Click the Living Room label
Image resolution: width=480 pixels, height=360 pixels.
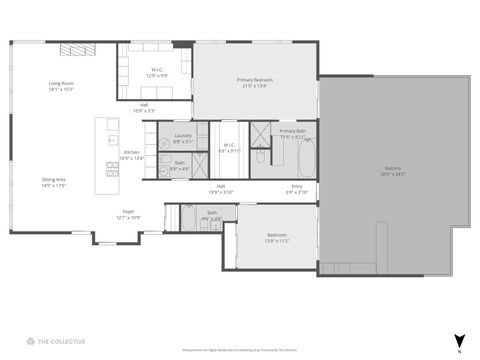(x=62, y=87)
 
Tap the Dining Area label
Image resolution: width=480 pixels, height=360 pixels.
(x=55, y=183)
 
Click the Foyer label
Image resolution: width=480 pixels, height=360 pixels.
(x=128, y=214)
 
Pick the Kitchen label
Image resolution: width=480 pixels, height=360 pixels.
(x=132, y=155)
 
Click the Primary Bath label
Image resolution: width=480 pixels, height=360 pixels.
(x=293, y=133)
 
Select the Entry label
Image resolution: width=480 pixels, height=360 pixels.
(x=297, y=189)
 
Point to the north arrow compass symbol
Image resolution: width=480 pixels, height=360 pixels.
(x=459, y=341)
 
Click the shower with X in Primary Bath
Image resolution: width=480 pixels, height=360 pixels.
(x=258, y=133)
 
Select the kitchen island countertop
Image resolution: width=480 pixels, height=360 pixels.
(x=104, y=156)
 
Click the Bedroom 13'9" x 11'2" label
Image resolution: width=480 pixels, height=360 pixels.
(x=276, y=238)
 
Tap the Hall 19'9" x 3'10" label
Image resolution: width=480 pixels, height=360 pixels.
(x=220, y=189)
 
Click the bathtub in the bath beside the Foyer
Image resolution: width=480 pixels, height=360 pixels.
(x=187, y=217)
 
